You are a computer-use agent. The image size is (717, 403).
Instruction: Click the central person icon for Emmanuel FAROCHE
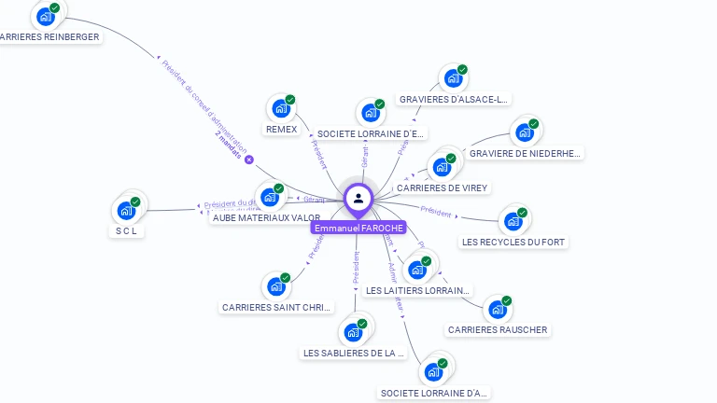coord(358,198)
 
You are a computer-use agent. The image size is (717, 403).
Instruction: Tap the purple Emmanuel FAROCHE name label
coord(358,228)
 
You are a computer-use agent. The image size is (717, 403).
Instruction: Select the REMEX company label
coord(281,130)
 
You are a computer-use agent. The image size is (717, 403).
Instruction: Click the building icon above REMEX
coord(280,108)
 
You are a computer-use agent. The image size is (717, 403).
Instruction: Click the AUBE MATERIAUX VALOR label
coord(266,217)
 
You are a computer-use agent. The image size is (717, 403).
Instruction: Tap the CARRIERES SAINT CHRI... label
coord(277,307)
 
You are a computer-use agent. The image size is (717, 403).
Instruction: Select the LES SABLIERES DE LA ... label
coord(354,353)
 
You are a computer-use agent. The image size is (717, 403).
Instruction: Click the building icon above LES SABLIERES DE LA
coord(353,332)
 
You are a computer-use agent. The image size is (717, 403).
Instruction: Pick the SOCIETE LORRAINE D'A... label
coord(434,393)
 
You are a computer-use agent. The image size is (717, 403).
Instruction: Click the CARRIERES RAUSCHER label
coord(498,329)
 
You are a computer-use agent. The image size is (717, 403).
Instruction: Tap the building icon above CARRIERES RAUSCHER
coord(498,309)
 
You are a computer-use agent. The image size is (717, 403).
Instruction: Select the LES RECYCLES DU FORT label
coord(513,242)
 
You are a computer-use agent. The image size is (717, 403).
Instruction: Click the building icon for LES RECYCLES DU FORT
coord(513,221)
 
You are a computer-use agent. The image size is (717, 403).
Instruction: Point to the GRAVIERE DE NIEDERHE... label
coord(525,153)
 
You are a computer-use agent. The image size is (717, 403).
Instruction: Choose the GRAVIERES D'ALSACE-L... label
coord(454,99)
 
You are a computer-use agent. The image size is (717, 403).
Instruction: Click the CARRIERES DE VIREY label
coord(442,188)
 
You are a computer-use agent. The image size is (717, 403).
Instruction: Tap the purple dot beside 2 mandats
coord(249,160)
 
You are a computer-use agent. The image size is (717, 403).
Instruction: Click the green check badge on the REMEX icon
coord(290,100)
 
